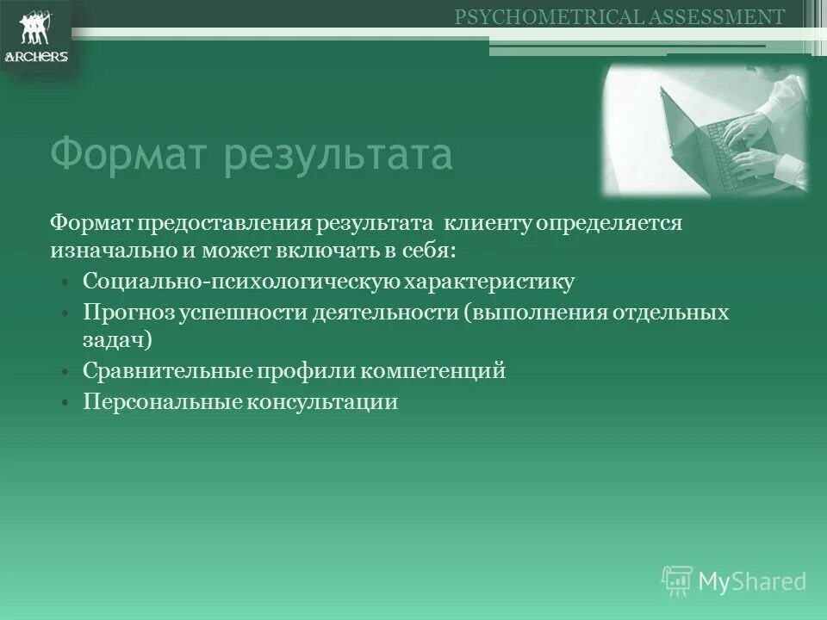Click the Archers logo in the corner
pyautogui.click(x=36, y=38)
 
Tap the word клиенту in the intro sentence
pyautogui.click(x=489, y=223)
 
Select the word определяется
pyautogui.click(x=611, y=223)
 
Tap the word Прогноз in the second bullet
pyautogui.click(x=129, y=312)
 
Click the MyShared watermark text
pyautogui.click(x=752, y=581)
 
